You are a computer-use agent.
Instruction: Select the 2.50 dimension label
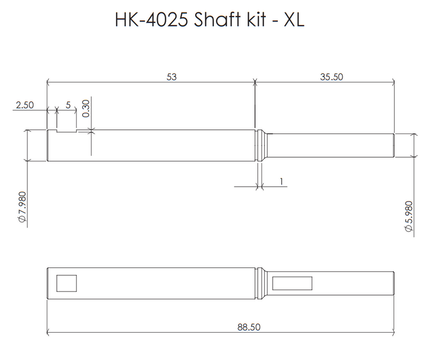(x=25, y=105)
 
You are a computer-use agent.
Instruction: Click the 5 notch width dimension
(x=68, y=105)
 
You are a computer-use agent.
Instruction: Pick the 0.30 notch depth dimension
(x=86, y=108)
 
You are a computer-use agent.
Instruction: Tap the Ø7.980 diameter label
(x=21, y=211)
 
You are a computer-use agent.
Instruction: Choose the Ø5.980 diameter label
(x=407, y=215)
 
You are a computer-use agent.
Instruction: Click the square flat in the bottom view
(x=67, y=282)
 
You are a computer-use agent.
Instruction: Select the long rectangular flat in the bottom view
(x=292, y=282)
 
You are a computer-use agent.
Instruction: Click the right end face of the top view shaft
(x=393, y=145)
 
